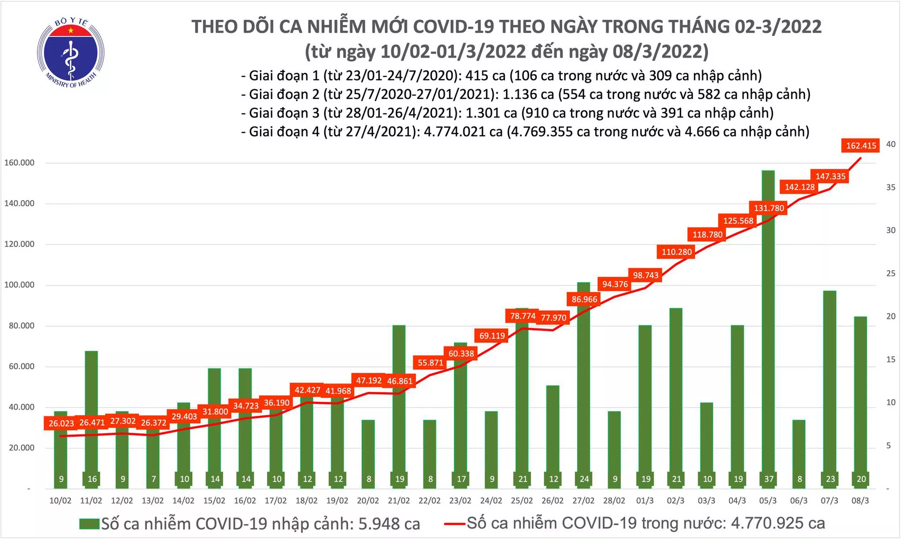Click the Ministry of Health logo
tap(70, 53)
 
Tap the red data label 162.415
tap(860, 145)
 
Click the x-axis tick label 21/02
tap(399, 501)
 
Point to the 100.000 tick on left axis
tap(19, 285)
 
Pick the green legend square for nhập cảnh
tap(89, 524)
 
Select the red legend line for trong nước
tap(454, 524)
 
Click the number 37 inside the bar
tap(769, 479)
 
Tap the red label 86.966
tap(584, 299)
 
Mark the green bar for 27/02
tap(584, 383)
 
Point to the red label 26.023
tap(61, 423)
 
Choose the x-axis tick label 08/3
tap(860, 501)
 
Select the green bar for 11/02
tap(91, 414)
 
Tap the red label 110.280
tap(676, 252)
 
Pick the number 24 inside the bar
tap(584, 479)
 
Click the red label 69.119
tap(492, 336)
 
